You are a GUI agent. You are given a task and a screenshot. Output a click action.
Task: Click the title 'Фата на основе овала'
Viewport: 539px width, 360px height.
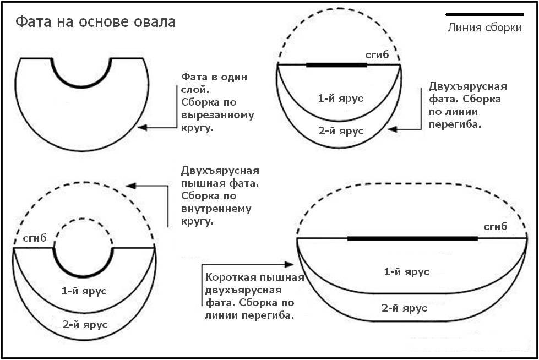tap(95, 22)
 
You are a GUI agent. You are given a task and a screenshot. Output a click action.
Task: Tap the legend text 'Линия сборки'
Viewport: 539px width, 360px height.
tap(484, 28)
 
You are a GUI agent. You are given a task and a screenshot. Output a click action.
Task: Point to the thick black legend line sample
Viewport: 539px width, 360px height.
tap(484, 14)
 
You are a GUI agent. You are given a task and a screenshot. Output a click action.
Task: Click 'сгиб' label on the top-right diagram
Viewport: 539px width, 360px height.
tap(377, 55)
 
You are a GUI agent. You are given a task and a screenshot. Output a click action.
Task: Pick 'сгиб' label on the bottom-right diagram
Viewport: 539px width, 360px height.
tap(495, 227)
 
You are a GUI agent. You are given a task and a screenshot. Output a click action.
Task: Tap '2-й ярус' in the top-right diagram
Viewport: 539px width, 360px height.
tap(341, 131)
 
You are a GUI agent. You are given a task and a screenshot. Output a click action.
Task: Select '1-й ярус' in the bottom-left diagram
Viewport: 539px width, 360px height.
tap(84, 291)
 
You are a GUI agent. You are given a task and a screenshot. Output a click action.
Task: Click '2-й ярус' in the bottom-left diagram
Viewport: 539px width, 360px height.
tap(85, 324)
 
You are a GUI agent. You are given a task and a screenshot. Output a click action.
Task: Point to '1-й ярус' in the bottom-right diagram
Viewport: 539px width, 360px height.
tap(406, 271)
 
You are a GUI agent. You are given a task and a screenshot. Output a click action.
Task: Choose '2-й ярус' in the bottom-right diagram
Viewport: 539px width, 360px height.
tap(405, 308)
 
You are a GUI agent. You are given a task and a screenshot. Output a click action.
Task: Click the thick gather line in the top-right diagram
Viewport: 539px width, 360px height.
tap(336, 65)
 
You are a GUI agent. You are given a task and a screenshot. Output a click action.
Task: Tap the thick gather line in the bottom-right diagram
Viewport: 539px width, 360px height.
tap(413, 238)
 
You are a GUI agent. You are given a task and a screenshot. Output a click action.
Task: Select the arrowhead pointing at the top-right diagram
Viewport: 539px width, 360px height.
tap(391, 130)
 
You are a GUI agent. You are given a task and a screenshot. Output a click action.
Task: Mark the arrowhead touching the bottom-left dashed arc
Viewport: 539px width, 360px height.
tap(130, 186)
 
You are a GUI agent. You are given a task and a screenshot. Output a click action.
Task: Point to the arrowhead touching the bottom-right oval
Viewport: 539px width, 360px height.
tap(291, 265)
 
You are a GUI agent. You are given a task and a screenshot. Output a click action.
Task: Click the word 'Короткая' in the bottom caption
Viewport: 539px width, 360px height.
tap(226, 278)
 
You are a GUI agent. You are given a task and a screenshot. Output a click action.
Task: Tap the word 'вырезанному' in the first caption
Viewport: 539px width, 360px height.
tap(217, 116)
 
